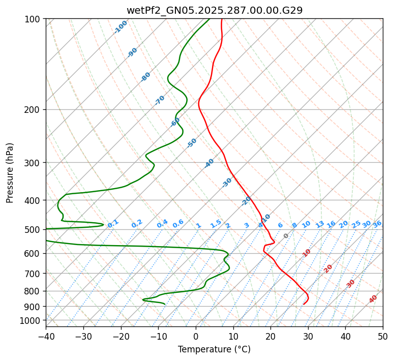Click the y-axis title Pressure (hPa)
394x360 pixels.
(x=10, y=173)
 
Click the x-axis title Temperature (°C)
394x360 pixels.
(x=214, y=349)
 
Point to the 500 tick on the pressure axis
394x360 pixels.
(x=33, y=230)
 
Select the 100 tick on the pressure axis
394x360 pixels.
(x=33, y=19)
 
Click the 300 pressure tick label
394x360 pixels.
(x=33, y=163)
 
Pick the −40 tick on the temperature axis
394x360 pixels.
(x=46, y=336)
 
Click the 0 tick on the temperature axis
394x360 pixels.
(x=196, y=336)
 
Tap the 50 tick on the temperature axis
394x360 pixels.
(x=383, y=336)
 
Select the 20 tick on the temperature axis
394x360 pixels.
(x=270, y=336)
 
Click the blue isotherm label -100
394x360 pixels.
(x=120, y=27)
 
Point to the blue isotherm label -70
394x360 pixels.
(x=160, y=100)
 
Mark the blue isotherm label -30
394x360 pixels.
(x=227, y=183)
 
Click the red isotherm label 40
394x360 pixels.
(x=373, y=299)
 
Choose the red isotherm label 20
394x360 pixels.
(x=328, y=268)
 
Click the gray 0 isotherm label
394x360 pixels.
(x=286, y=236)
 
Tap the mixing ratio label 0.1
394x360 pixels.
(x=113, y=223)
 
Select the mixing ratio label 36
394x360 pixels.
(x=377, y=224)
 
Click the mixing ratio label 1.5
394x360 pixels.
(x=216, y=223)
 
